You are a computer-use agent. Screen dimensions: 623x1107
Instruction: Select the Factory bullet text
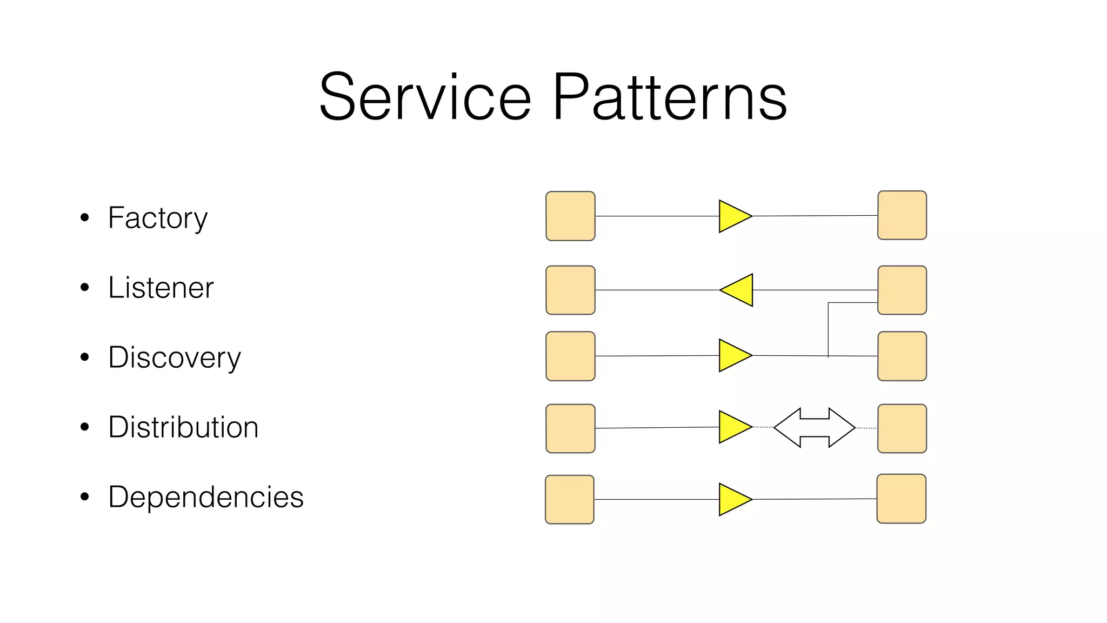pyautogui.click(x=157, y=218)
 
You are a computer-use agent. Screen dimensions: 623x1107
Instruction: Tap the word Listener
pyautogui.click(x=161, y=288)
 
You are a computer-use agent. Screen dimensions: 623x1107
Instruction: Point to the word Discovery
pyautogui.click(x=174, y=357)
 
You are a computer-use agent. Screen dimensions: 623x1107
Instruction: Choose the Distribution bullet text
pyautogui.click(x=183, y=427)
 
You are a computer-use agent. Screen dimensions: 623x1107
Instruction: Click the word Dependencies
pyautogui.click(x=205, y=497)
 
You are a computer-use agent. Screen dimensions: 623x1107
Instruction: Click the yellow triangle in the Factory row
pyautogui.click(x=732, y=216)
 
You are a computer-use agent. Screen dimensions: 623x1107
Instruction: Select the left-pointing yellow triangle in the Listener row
pyautogui.click(x=739, y=290)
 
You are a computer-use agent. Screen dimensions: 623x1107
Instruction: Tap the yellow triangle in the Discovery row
pyautogui.click(x=732, y=355)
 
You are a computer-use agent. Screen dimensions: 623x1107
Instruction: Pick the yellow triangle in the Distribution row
pyautogui.click(x=732, y=427)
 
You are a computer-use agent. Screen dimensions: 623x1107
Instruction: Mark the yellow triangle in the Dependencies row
pyautogui.click(x=732, y=499)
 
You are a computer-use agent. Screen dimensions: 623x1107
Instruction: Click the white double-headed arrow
pyautogui.click(x=814, y=428)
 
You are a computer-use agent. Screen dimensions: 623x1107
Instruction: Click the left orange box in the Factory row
pyautogui.click(x=570, y=216)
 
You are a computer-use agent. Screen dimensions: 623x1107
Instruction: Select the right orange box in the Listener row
pyautogui.click(x=902, y=290)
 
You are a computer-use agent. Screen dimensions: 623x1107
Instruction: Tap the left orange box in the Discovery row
pyautogui.click(x=570, y=356)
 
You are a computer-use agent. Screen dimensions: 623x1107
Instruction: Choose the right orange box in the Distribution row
pyautogui.click(x=902, y=428)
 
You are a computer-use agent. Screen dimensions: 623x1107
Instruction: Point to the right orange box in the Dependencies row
pyautogui.click(x=901, y=499)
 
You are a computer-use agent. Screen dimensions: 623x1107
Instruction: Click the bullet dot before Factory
pyautogui.click(x=84, y=218)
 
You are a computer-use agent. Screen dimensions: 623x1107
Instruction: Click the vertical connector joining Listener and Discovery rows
pyautogui.click(x=828, y=330)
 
